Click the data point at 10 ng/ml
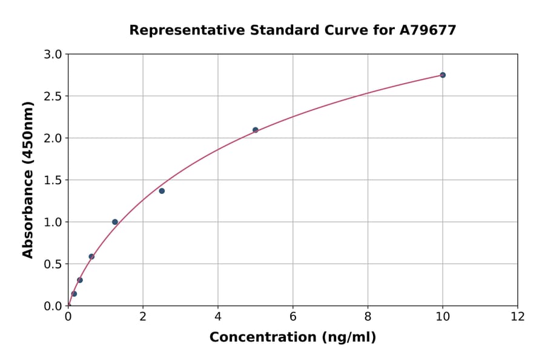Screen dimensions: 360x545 [443, 75]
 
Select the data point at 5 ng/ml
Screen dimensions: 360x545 [256, 130]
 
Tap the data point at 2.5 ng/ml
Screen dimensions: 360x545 [162, 191]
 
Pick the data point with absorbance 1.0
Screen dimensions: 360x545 [115, 222]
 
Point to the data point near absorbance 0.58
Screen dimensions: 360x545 [91, 256]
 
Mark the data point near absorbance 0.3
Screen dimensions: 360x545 [80, 280]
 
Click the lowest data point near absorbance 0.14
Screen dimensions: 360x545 [74, 294]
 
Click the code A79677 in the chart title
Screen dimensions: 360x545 [428, 30]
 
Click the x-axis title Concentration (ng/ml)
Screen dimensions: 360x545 [292, 338]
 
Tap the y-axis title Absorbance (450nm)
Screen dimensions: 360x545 [28, 179]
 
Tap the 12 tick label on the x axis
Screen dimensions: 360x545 [518, 316]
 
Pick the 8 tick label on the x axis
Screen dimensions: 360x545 [368, 316]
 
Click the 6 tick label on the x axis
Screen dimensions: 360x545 [292, 316]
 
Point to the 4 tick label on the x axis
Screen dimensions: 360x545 [218, 316]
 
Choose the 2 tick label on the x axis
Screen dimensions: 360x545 [143, 316]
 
